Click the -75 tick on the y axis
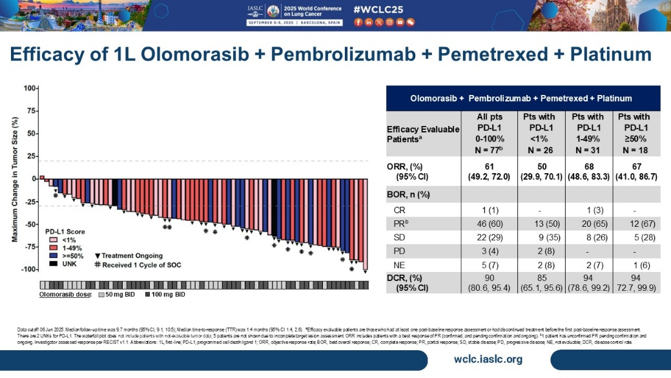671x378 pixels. click(x=28, y=247)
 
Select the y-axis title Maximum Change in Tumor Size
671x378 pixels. click(x=14, y=178)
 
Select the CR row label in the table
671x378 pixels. click(x=401, y=210)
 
